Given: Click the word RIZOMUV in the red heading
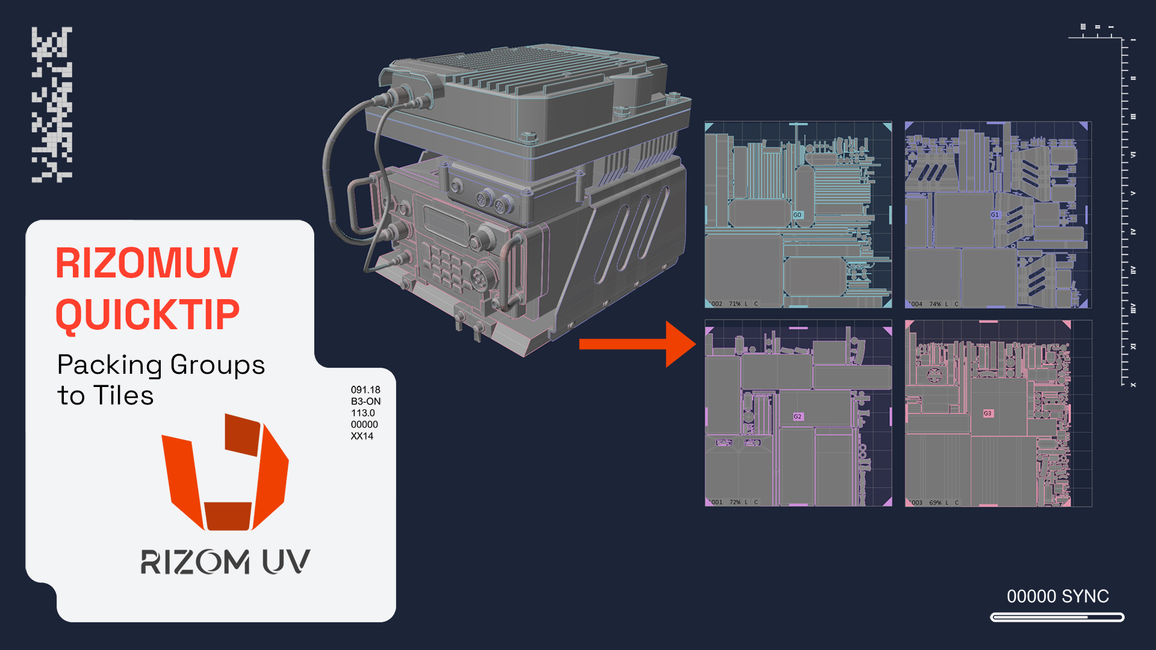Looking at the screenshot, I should [x=147, y=263].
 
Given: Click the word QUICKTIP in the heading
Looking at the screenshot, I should [x=148, y=315].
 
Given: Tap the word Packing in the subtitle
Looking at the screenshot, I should [x=110, y=365].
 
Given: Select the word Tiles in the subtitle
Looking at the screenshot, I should [x=123, y=396].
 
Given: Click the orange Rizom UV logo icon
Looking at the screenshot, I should [x=225, y=472].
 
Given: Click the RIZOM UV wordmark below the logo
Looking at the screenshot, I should [x=225, y=562].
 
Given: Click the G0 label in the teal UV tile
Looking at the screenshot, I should [x=797, y=215].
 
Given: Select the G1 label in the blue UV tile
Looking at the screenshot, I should [x=995, y=215].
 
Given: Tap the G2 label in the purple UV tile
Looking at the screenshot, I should [x=798, y=416].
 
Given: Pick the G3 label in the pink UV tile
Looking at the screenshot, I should [x=987, y=413].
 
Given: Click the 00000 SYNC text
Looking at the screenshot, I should [x=1058, y=596].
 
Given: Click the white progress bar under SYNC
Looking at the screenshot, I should [x=1057, y=617].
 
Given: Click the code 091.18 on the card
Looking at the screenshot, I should [x=365, y=390].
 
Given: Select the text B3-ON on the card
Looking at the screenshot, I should [x=365, y=401].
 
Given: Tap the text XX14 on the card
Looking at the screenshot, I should [x=362, y=436].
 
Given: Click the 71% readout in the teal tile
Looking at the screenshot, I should [x=735, y=304].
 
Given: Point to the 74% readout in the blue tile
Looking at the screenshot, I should [x=935, y=304].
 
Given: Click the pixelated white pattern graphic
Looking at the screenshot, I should [x=52, y=104].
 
